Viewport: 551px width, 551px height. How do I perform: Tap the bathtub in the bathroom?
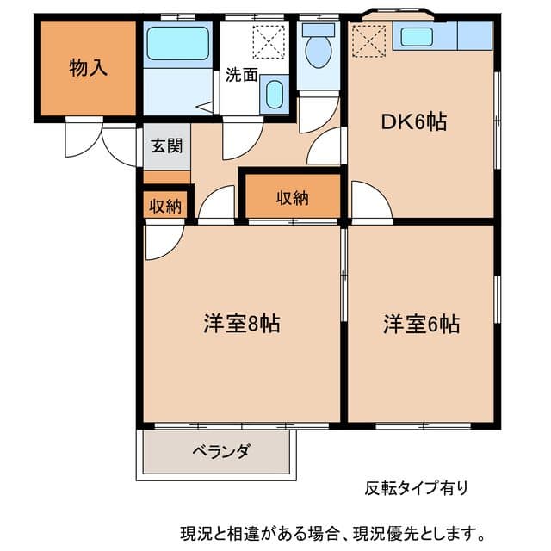pos(178,43)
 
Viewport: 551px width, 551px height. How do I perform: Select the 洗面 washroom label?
pos(241,74)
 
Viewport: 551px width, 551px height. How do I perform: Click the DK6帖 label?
pos(414,121)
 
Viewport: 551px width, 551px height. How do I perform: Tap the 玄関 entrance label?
pos(167,145)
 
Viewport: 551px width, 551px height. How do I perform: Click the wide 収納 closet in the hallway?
pos(292,198)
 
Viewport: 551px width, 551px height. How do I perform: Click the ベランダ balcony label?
pos(220,450)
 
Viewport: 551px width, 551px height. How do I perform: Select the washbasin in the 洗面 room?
pos(275,94)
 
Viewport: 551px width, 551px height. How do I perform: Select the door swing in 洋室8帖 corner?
pos(160,241)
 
